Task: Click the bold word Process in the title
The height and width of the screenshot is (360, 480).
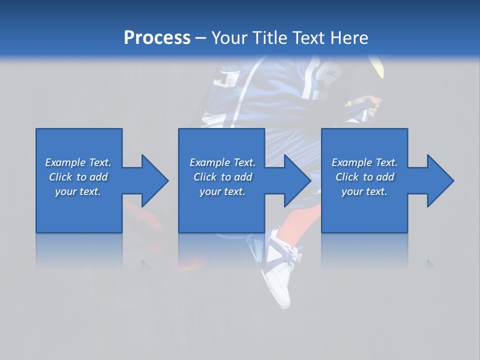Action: click(157, 38)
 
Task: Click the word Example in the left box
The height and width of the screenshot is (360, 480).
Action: click(65, 162)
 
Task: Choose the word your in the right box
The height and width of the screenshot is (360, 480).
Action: click(351, 191)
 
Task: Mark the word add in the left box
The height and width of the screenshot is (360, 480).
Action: click(98, 177)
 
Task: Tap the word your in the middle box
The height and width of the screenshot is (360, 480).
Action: click(209, 191)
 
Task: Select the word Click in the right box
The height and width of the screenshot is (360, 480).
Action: click(346, 177)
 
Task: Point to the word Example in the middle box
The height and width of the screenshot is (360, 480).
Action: click(209, 162)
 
